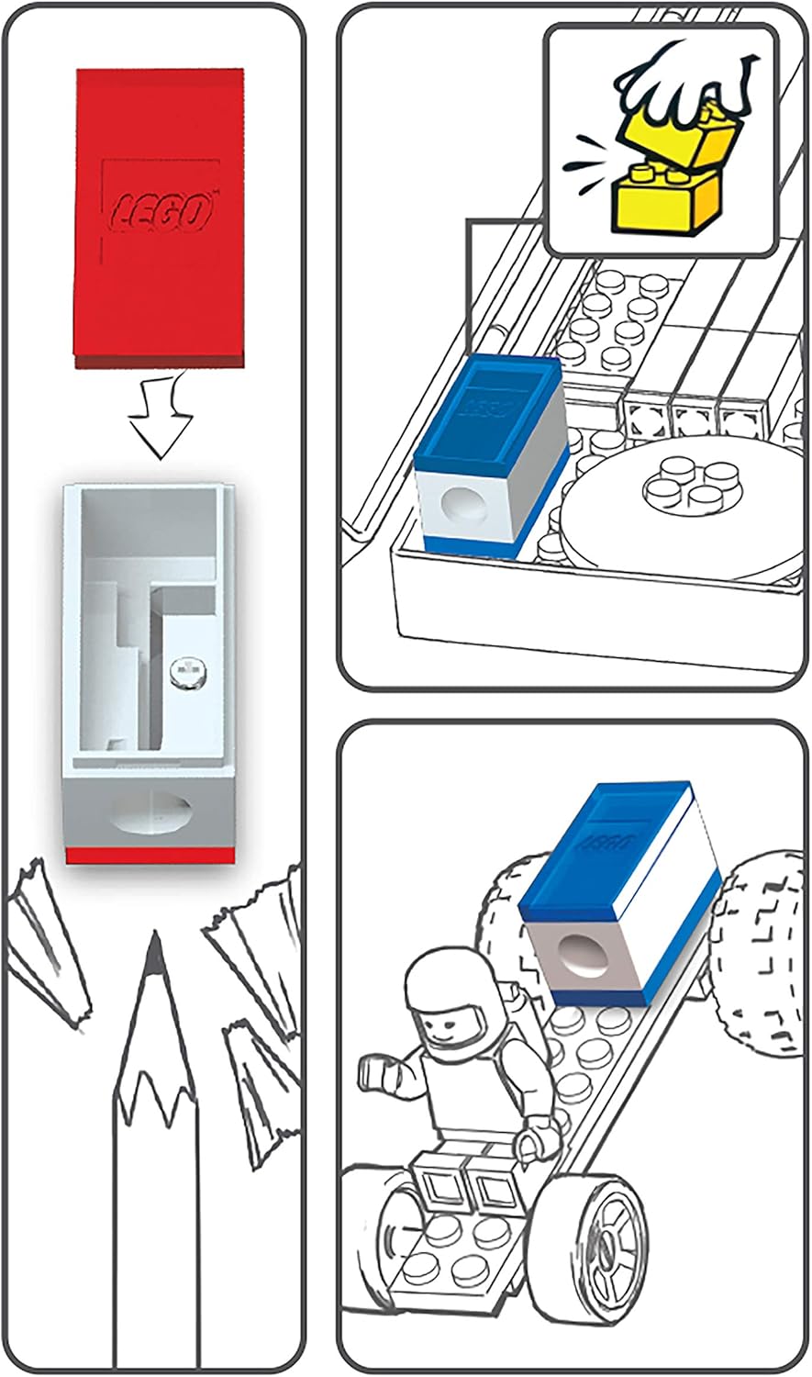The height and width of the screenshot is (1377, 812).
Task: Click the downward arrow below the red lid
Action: [x=161, y=418]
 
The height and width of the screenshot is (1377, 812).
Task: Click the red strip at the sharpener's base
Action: [x=150, y=855]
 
